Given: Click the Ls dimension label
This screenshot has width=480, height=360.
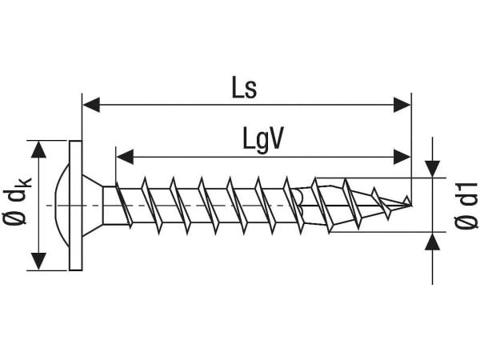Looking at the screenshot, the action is (244, 88).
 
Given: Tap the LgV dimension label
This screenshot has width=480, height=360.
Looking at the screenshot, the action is (263, 139).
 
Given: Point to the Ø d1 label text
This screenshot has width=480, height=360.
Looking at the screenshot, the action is (466, 206).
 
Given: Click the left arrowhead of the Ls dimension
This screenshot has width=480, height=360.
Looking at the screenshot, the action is (91, 105).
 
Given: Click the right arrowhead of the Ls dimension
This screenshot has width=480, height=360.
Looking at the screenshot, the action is (402, 105).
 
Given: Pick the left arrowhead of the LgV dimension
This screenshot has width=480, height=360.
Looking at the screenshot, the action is (125, 157).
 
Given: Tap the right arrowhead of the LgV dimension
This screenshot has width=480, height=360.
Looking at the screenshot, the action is (402, 157).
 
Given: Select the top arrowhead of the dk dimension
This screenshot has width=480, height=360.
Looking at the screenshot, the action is (38, 150).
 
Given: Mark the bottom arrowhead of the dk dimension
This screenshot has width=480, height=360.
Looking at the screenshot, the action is (38, 262).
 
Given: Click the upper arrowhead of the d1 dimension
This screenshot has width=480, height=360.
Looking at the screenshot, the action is (432, 169).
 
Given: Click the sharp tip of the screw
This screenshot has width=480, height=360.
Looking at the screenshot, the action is (410, 205).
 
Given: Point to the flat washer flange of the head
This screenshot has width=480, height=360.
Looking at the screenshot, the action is (75, 206).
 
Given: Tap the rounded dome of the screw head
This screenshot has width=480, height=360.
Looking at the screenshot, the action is (62, 206).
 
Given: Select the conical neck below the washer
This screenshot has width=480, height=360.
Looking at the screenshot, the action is (93, 206).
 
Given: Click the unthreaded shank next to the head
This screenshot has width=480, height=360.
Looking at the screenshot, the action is (110, 206).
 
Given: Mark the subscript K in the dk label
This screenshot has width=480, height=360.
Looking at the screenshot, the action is (26, 184).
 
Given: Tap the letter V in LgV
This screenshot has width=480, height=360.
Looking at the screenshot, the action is (274, 138).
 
